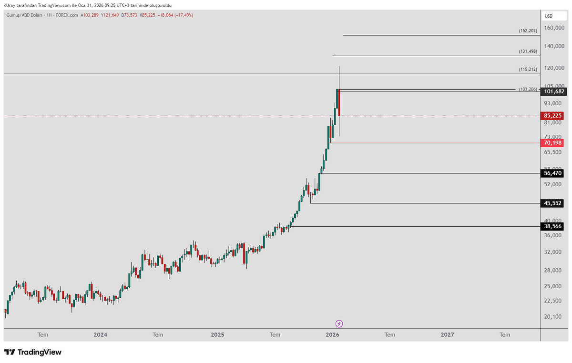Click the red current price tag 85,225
(x=552, y=116)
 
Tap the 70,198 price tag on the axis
(x=552, y=143)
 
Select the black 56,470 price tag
(x=552, y=173)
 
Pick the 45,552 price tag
(x=552, y=203)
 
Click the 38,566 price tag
(x=552, y=226)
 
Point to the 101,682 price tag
(x=553, y=91)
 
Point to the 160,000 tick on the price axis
(x=554, y=28)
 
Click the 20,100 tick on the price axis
(x=552, y=316)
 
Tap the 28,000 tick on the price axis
(x=552, y=270)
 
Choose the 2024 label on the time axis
(x=101, y=335)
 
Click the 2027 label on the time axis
(x=448, y=335)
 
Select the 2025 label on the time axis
(x=217, y=335)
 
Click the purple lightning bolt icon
(x=339, y=324)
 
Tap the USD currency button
(x=554, y=16)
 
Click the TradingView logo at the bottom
(x=33, y=352)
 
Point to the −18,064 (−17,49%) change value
(x=175, y=15)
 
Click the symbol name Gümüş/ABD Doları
(x=24, y=15)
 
